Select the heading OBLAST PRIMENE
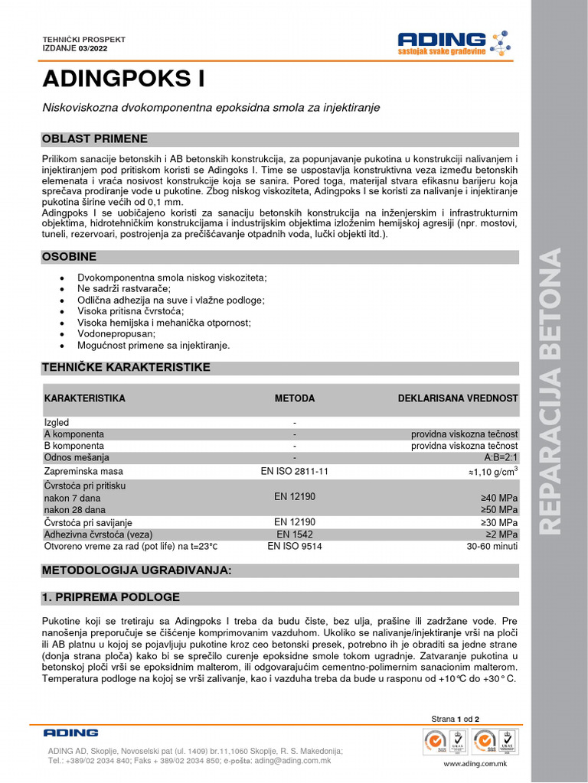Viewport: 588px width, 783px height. coord(95,138)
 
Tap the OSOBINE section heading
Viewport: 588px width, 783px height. coord(69,256)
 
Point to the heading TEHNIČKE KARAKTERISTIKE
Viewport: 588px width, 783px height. coord(126,368)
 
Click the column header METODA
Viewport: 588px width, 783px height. coord(295,398)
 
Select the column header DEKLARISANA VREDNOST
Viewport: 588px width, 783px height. coord(458,398)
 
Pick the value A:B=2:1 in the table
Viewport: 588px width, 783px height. coord(501,456)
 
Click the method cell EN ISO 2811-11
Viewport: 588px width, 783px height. coord(295,471)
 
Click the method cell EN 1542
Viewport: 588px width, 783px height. coord(295,534)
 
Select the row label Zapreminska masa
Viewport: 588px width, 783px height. coord(83,471)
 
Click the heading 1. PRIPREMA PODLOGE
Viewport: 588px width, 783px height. coord(111,597)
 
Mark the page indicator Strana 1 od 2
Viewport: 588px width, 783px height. coord(456,719)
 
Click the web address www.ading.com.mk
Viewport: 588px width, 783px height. coord(475,763)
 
